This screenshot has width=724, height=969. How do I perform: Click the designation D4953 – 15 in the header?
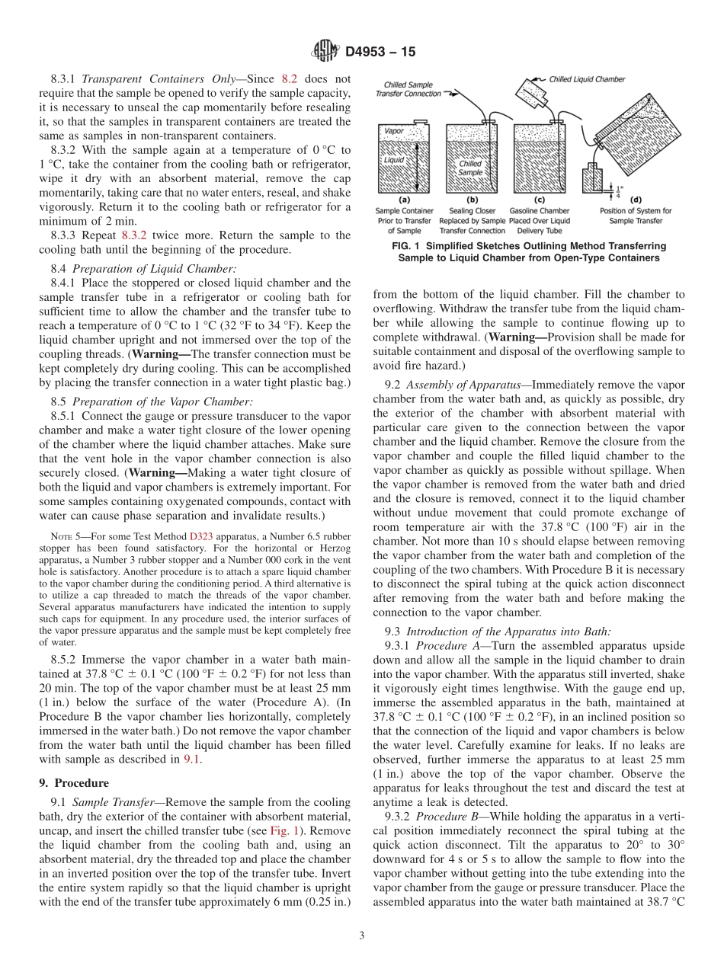381,53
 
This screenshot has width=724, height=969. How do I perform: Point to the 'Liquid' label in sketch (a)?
394,160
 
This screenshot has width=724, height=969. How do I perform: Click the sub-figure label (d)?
637,199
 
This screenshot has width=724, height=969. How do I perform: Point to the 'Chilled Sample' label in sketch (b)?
470,168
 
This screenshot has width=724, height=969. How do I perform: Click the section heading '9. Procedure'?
74,782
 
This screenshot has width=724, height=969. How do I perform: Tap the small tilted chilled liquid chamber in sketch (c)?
532,98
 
